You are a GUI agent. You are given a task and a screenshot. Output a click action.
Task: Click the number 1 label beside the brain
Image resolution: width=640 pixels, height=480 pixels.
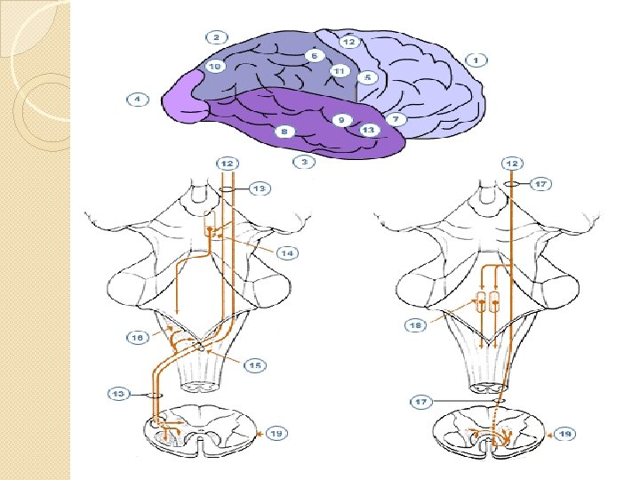click(x=476, y=60)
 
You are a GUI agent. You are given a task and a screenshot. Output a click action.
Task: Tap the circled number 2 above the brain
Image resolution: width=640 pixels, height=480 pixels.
click(x=216, y=37)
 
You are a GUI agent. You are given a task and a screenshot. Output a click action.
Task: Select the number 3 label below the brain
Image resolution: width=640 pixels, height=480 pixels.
click(x=304, y=163)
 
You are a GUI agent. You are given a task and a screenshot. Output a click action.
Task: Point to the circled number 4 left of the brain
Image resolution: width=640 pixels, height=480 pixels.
click(x=138, y=99)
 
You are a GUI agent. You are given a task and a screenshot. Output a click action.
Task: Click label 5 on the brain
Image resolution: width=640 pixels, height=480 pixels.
click(x=369, y=77)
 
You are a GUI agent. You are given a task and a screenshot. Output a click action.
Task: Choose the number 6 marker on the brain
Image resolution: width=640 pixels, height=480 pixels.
click(x=314, y=55)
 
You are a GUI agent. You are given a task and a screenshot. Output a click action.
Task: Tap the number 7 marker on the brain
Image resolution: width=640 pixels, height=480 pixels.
click(x=396, y=118)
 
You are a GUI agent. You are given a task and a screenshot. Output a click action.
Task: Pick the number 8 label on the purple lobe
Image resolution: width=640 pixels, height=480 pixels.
click(x=284, y=132)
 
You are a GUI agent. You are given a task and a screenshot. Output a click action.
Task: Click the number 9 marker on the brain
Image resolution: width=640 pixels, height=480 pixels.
click(x=340, y=119)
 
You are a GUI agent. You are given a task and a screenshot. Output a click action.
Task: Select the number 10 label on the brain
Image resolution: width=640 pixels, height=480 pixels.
click(x=214, y=67)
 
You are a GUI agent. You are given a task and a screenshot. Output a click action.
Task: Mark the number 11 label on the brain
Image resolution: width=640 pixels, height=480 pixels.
click(x=339, y=71)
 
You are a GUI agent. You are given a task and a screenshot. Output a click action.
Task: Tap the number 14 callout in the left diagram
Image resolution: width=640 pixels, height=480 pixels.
click(x=286, y=253)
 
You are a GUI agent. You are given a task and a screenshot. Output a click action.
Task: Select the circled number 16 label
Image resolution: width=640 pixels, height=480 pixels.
click(x=137, y=338)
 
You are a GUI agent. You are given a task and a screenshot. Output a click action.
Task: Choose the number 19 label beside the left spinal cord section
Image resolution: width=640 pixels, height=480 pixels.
click(x=276, y=433)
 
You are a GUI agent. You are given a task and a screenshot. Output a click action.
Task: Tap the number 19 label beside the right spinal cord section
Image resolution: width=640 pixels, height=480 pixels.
click(x=564, y=434)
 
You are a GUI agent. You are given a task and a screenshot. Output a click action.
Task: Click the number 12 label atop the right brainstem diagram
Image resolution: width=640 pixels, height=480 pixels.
click(x=511, y=164)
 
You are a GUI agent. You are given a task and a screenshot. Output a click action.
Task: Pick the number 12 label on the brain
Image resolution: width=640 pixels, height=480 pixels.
click(x=348, y=42)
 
